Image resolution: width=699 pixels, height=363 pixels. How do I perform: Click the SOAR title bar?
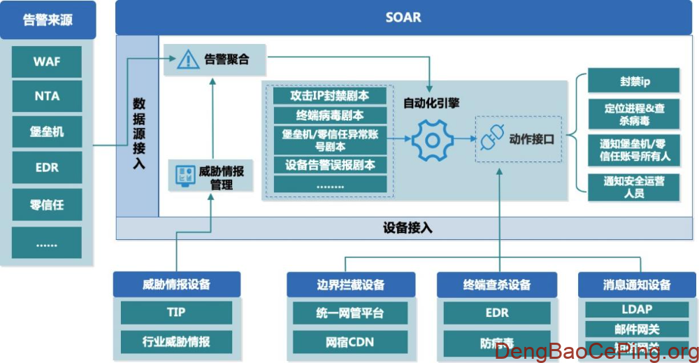pos(403,17)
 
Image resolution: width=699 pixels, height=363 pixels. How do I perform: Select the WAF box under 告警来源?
pos(47,61)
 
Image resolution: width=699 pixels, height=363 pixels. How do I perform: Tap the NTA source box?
pos(47,97)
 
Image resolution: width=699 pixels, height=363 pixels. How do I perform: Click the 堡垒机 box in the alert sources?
pos(47,132)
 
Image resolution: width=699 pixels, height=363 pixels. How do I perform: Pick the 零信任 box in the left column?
pos(47,205)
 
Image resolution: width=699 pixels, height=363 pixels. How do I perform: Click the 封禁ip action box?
pos(634,81)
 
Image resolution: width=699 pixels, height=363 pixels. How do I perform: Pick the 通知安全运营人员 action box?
pos(634,187)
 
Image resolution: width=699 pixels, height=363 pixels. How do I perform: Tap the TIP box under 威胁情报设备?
pos(176,312)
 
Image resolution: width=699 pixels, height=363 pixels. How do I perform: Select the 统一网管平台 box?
pos(349,312)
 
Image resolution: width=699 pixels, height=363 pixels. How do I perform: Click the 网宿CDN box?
pos(349,341)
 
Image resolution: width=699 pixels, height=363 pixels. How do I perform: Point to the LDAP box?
pos(636,309)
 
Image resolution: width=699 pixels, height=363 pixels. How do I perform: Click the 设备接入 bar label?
pos(408,228)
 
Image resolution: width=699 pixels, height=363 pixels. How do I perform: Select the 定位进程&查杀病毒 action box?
pos(634,114)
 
